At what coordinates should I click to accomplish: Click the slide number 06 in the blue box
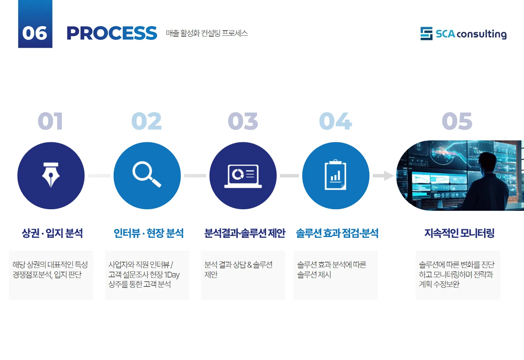click(x=35, y=33)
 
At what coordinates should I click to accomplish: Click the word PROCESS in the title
click(x=112, y=33)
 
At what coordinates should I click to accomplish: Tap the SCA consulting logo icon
click(x=426, y=34)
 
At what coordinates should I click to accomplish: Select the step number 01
click(x=50, y=121)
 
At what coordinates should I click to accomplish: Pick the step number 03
click(x=243, y=121)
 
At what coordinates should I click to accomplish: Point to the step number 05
click(x=457, y=121)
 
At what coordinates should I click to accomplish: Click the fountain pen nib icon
click(x=51, y=175)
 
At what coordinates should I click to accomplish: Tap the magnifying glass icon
click(x=147, y=175)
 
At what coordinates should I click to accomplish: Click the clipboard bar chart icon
click(x=335, y=175)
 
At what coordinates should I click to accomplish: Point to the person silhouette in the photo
click(x=488, y=182)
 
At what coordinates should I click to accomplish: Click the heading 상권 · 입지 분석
click(x=52, y=233)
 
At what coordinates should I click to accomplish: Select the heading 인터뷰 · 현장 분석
click(x=148, y=233)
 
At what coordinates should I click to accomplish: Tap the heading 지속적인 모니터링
click(x=459, y=233)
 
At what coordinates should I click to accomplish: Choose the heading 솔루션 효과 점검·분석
click(x=337, y=233)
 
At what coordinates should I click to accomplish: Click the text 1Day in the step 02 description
click(x=172, y=275)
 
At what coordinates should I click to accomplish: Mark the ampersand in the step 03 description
click(x=249, y=265)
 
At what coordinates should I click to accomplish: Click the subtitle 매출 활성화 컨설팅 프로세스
click(x=207, y=33)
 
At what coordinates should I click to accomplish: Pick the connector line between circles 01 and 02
click(x=99, y=176)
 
